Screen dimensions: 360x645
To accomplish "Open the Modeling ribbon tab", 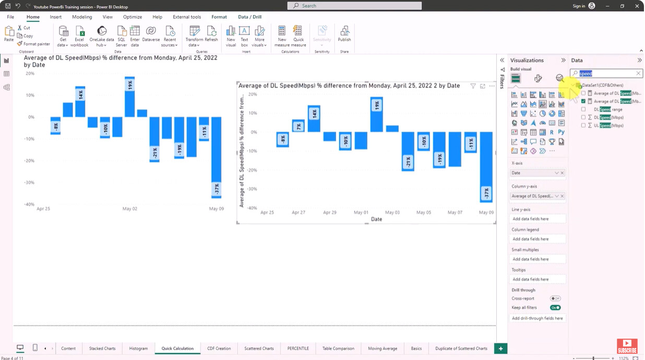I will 82,17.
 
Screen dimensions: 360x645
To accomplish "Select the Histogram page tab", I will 138,349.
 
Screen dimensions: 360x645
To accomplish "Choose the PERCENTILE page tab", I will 298,349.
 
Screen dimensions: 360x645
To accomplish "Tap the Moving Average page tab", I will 383,349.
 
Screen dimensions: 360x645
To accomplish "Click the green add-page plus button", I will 500,349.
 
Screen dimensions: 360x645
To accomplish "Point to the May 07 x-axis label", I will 455,213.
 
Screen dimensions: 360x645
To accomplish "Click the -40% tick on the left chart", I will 30,205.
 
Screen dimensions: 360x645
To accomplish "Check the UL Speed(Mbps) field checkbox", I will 583,126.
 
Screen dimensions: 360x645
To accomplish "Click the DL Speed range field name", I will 608,110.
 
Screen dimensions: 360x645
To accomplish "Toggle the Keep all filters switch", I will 555,308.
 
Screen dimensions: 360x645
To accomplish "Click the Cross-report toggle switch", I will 555,298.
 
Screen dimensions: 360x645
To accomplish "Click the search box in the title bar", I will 355,6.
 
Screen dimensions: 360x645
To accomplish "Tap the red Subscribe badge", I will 627,347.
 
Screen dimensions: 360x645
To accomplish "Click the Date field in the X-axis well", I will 532,173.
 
